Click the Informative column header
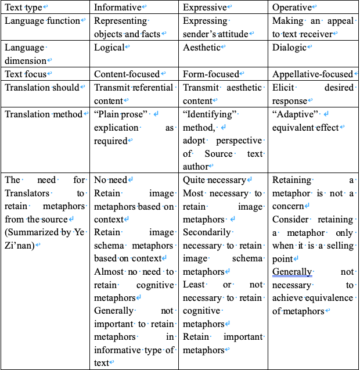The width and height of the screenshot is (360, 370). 117,8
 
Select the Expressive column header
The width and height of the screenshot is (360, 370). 207,8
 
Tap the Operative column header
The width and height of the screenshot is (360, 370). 295,8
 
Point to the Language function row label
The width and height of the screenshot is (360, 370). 42,21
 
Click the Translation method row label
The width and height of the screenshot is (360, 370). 44,114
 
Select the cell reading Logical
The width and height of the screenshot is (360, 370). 109,48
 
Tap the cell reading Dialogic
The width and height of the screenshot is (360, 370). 289,48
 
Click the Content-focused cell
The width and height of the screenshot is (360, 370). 127,74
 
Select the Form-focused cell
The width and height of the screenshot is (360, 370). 211,74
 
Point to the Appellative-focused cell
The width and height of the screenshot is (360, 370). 312,74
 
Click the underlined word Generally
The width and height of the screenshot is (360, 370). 293,272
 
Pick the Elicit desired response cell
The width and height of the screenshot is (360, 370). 312,95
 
